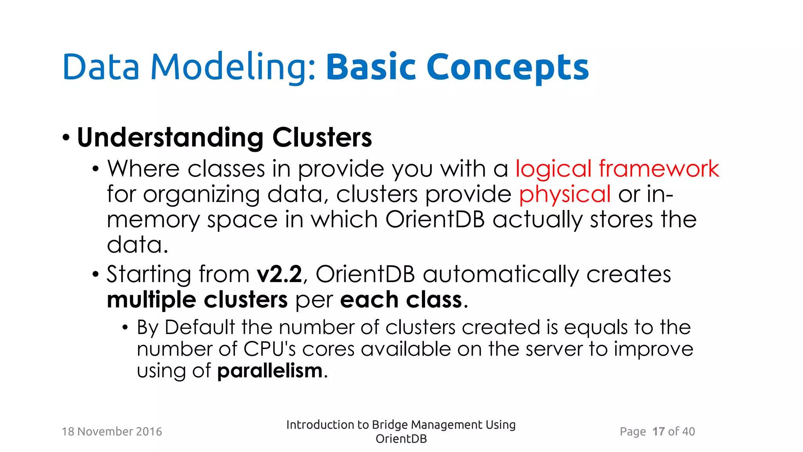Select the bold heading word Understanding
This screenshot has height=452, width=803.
tap(170, 138)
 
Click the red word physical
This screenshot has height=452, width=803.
tap(565, 195)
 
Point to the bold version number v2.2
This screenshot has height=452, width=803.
tap(279, 274)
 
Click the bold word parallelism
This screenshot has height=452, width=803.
tap(270, 371)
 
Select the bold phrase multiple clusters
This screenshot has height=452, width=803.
tap(197, 300)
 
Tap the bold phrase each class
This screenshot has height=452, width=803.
tap(401, 300)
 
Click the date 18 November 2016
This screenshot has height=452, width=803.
tap(112, 432)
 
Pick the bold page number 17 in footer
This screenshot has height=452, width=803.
tap(658, 432)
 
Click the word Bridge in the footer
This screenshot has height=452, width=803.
tap(390, 425)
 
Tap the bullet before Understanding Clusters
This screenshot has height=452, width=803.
tap(66, 138)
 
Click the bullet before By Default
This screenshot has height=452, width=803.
tap(125, 328)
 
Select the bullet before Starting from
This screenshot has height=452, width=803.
tap(96, 274)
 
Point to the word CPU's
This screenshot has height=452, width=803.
tap(269, 349)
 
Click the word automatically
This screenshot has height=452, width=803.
tap(500, 274)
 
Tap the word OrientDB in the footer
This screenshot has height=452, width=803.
tap(401, 439)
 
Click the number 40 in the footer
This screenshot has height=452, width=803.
tap(688, 432)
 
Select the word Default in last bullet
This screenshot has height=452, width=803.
tap(200, 328)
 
